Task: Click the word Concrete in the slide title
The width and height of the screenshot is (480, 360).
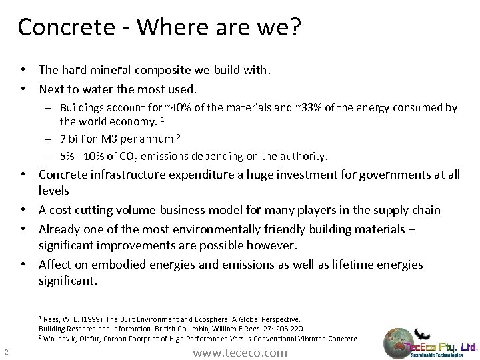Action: tap(63, 27)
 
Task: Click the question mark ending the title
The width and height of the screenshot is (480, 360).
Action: tap(295, 27)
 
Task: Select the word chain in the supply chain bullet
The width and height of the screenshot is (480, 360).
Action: tap(424, 209)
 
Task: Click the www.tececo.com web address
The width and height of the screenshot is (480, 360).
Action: tap(239, 352)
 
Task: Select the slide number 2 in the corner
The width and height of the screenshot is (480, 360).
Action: tap(5, 352)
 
